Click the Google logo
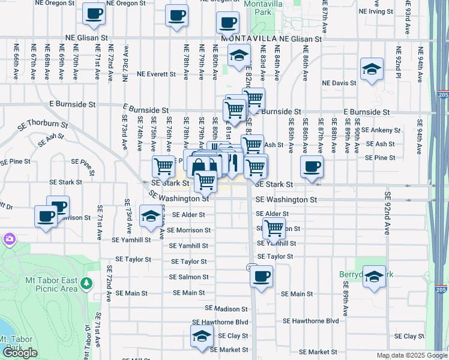[x=19, y=353]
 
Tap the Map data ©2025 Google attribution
[x=412, y=355]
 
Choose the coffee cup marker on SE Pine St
[x=312, y=167]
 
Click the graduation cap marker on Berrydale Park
[x=374, y=277]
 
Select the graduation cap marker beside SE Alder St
[x=149, y=217]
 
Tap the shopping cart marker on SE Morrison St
[x=274, y=228]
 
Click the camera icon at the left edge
[x=8, y=240]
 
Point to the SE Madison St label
[x=226, y=308]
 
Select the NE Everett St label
[x=156, y=75]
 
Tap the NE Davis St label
[x=339, y=83]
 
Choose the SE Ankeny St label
[x=379, y=130]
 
